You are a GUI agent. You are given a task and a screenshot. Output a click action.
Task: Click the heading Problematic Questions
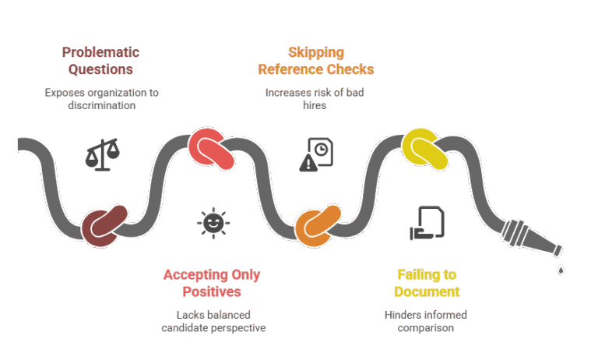pos(100,61)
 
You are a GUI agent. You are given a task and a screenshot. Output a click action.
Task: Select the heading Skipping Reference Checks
pos(316,61)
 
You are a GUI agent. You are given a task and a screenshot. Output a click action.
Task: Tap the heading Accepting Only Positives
pos(212,283)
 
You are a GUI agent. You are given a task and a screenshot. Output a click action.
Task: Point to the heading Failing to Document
pos(427,283)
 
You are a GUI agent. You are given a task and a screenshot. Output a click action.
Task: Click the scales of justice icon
pos(102,154)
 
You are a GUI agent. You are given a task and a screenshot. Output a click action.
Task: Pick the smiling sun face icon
pos(213,223)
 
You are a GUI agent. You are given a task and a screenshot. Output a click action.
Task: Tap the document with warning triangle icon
pos(316,154)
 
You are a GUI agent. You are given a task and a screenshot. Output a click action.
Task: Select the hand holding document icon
pos(427,223)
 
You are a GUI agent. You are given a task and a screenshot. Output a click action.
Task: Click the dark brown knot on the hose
pos(104,227)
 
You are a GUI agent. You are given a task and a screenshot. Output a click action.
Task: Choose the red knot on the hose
pos(211,149)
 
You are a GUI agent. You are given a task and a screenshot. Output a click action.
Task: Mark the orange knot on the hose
pos(318,226)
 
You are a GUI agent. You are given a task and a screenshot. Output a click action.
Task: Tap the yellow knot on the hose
pos(425,149)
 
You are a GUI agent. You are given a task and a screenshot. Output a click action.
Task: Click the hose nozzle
pos(531,238)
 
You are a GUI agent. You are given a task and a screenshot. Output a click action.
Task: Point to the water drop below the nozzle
pos(561,270)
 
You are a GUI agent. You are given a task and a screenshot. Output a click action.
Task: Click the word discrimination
pos(102,105)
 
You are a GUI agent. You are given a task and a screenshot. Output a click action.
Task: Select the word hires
pos(315,105)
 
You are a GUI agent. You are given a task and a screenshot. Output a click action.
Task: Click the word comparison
pos(426,328)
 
